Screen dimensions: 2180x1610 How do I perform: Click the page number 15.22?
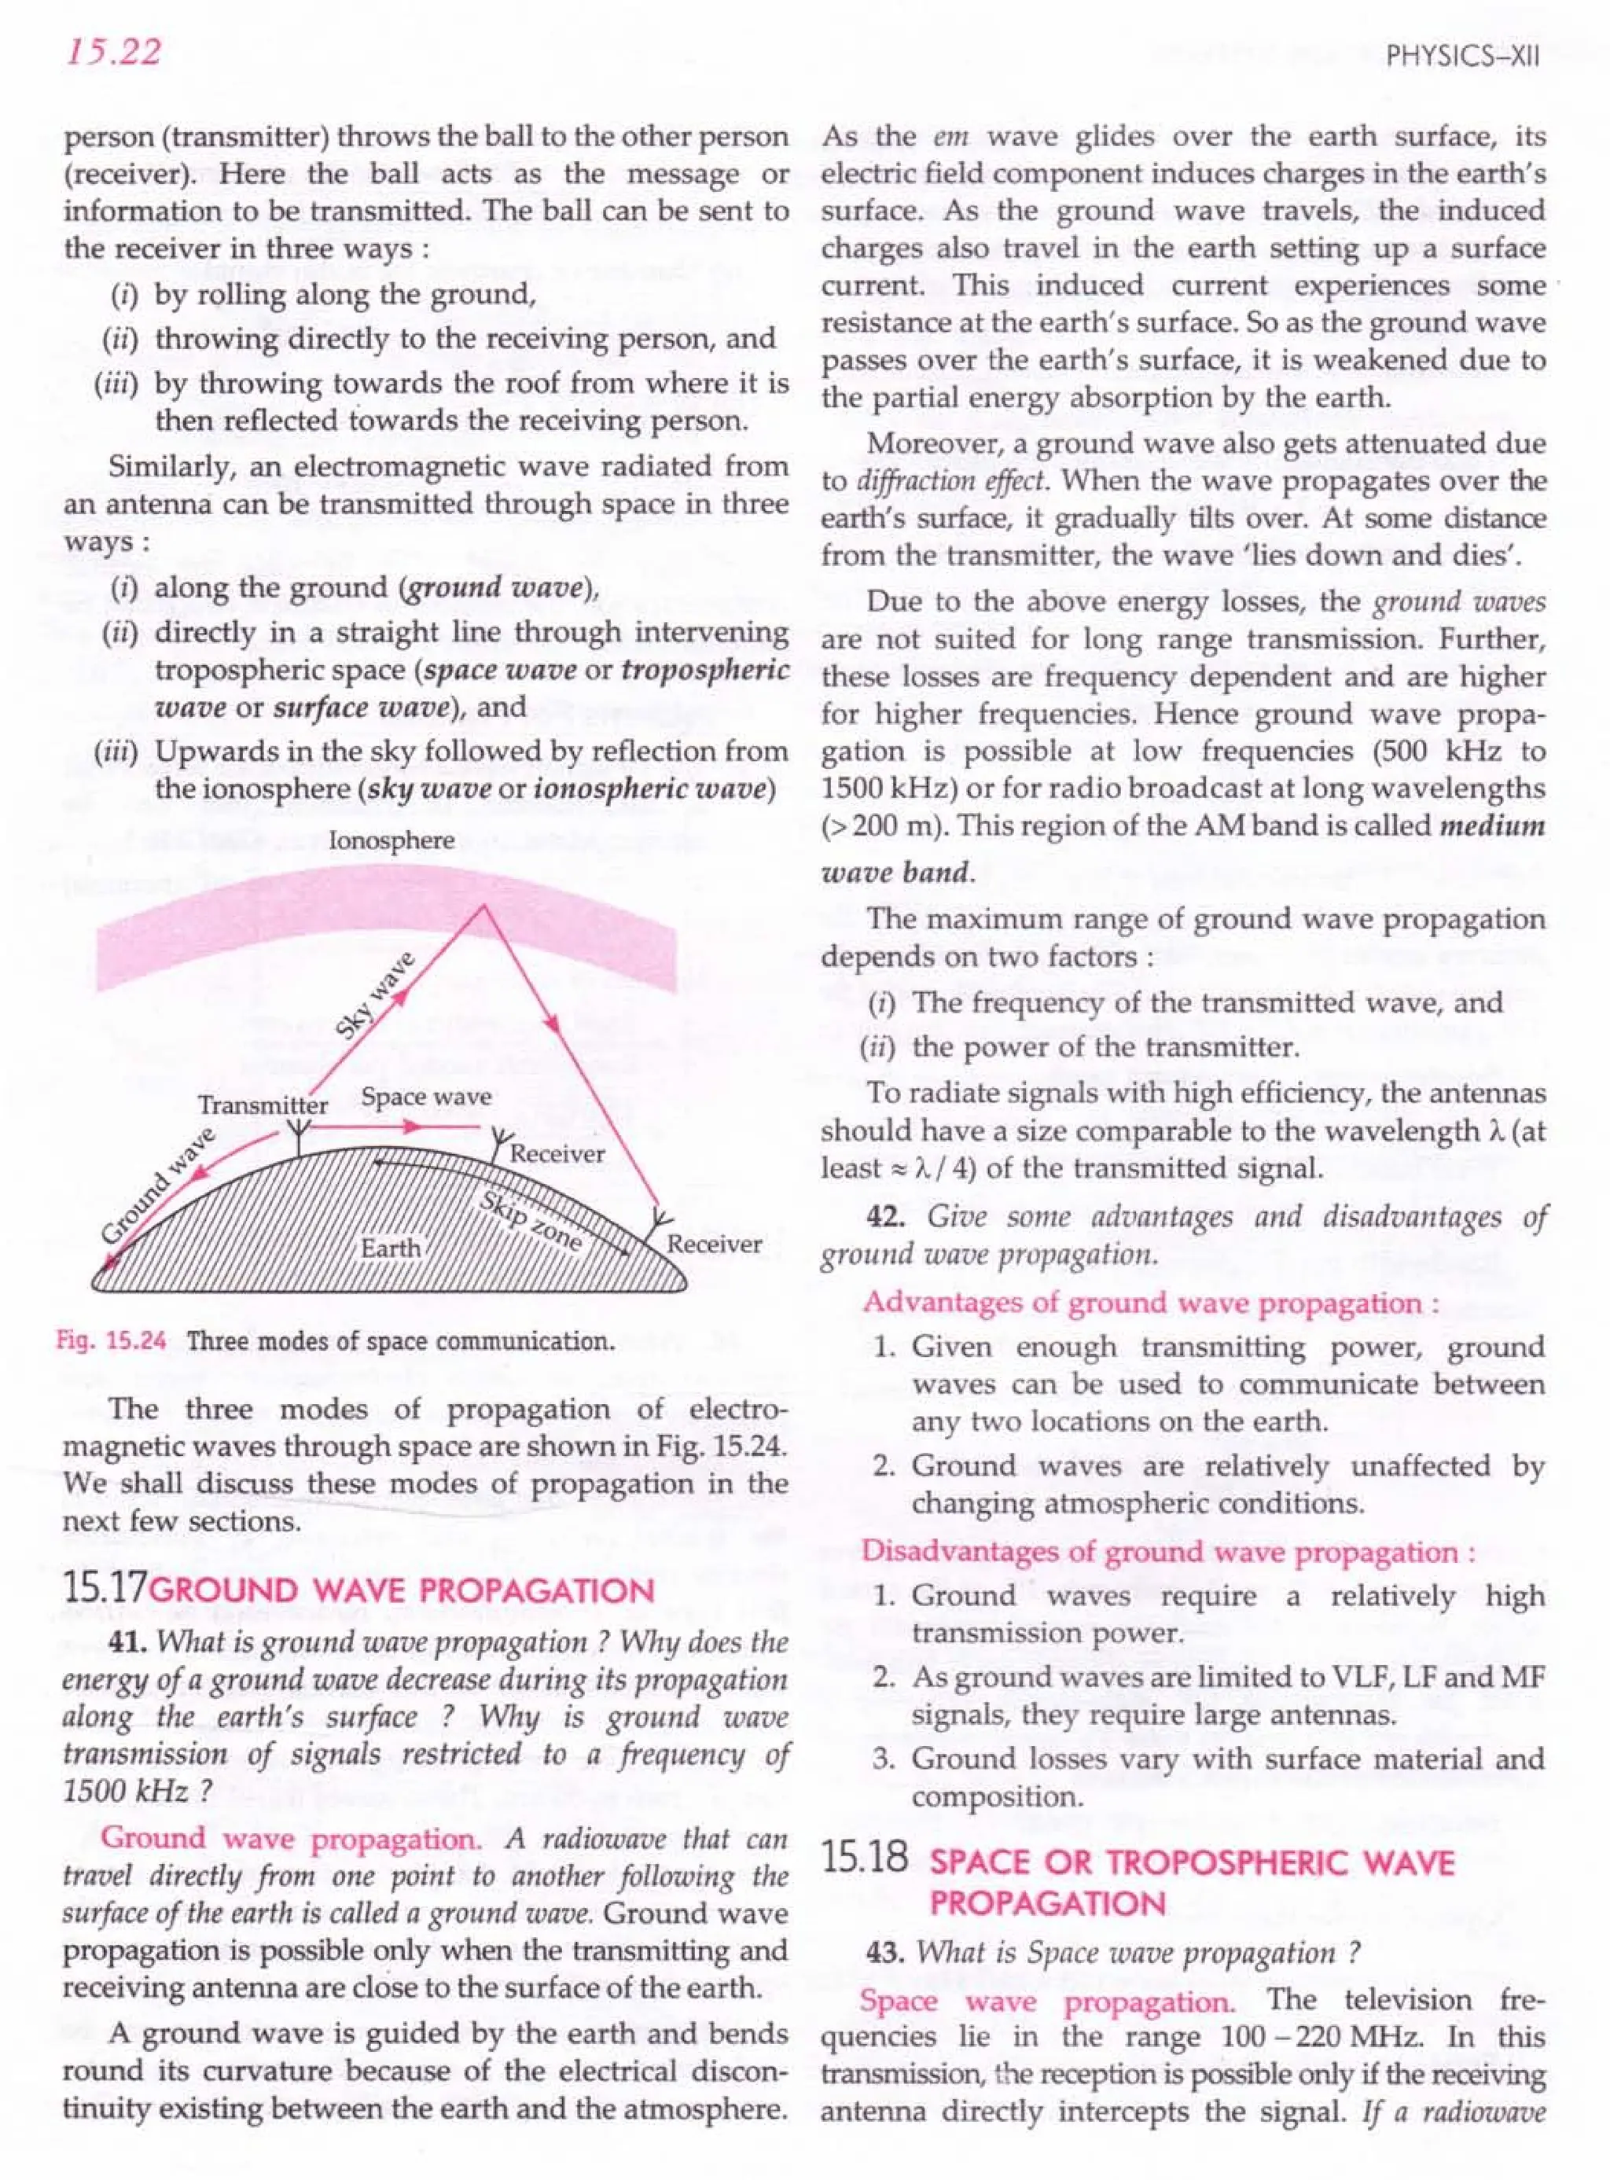click(112, 53)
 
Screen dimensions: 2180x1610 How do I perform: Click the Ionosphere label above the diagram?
click(391, 841)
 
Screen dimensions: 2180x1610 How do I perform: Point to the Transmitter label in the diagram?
click(263, 1105)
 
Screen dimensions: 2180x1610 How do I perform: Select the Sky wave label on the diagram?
click(374, 995)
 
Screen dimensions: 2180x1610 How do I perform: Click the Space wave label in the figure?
click(426, 1097)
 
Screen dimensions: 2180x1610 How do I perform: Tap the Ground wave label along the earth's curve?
click(159, 1186)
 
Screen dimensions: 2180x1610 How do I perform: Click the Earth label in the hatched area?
click(391, 1248)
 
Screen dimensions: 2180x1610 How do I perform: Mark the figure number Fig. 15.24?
click(111, 1342)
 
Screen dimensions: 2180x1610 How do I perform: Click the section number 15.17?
click(103, 1590)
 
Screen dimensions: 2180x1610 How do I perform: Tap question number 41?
click(127, 1642)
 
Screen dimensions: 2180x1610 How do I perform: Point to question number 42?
click(885, 1217)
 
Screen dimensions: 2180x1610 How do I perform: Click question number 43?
click(885, 1953)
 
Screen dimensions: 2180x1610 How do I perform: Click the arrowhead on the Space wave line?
click(414, 1127)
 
